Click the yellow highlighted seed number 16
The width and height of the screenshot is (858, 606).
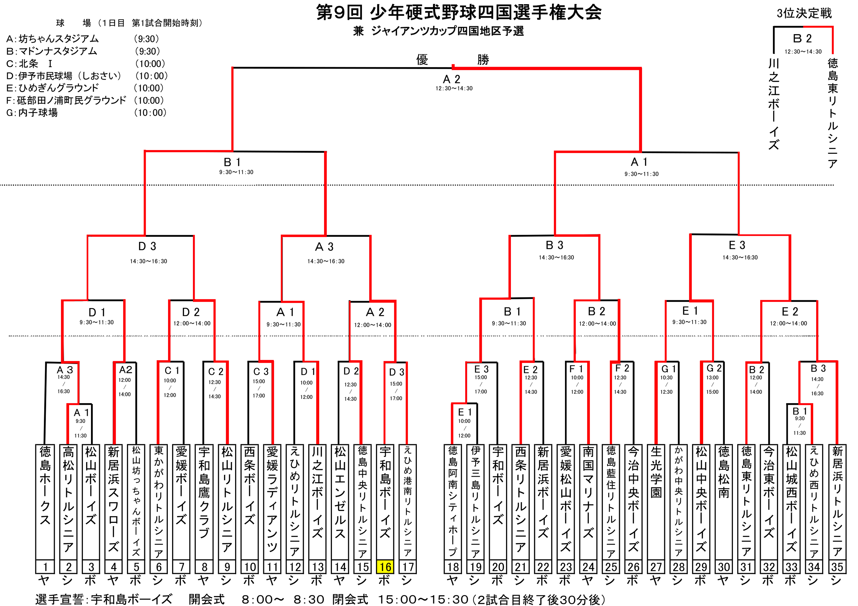click(385, 567)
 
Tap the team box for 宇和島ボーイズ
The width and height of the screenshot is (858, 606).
click(385, 500)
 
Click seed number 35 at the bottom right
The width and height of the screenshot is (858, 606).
click(837, 567)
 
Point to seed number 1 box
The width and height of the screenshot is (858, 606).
click(45, 567)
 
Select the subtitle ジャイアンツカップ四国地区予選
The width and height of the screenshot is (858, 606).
click(448, 31)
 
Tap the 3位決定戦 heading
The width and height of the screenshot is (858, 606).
click(804, 13)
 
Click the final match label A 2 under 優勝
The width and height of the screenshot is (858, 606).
click(452, 79)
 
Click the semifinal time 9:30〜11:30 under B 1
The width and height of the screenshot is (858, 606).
click(236, 172)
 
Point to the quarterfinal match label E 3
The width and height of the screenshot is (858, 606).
click(737, 245)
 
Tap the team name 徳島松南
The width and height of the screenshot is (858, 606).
click(724, 472)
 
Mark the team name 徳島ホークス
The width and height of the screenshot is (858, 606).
click(45, 485)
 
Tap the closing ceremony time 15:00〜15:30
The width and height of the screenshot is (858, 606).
click(423, 599)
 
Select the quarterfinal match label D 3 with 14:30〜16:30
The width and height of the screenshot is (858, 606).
click(147, 247)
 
